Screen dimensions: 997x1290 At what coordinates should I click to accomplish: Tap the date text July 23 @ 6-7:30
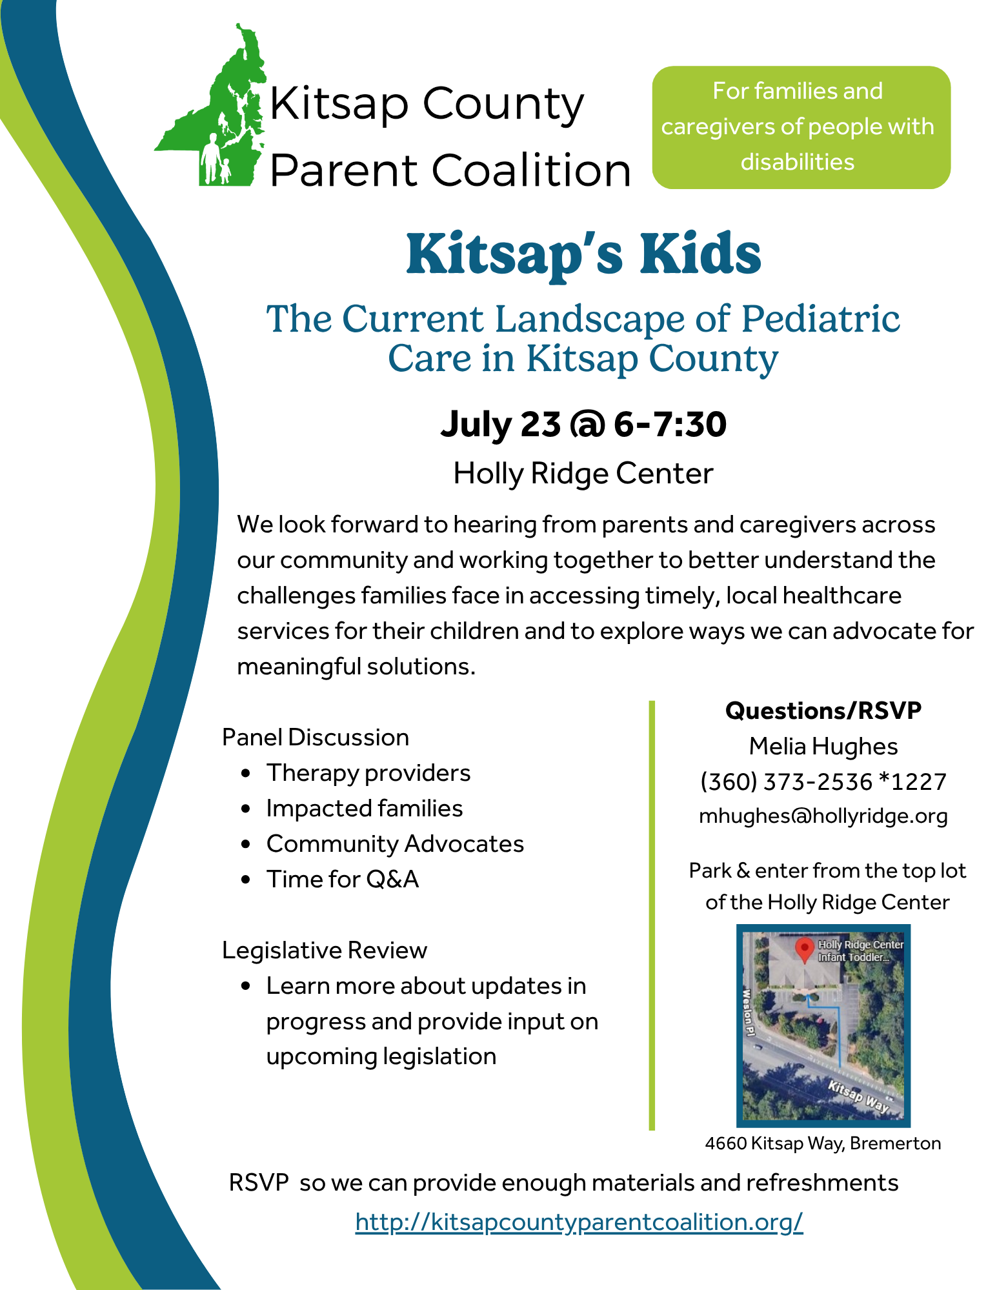coord(583,425)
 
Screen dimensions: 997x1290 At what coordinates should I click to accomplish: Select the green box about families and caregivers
coord(801,127)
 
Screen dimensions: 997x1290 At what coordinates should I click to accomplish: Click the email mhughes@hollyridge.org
coord(823,816)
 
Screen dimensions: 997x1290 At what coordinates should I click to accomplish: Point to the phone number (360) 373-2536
coord(787,781)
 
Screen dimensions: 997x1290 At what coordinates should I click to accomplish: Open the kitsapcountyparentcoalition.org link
coord(579,1222)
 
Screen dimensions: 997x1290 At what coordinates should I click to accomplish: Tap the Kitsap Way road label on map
coord(859,1096)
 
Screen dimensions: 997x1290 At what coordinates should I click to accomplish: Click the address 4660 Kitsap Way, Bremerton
coord(823,1144)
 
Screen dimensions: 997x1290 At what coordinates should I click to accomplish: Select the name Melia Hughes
coord(823,747)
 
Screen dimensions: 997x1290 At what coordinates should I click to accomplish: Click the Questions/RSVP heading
coord(823,711)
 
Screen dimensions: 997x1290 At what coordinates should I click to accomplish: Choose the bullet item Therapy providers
coord(368,773)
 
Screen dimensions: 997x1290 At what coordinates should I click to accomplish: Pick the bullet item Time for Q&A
coord(343,880)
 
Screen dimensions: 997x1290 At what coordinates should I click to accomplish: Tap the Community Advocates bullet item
coord(395,844)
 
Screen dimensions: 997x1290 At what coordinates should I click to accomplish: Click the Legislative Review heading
coord(325,951)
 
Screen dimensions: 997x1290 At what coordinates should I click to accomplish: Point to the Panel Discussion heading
coord(316,738)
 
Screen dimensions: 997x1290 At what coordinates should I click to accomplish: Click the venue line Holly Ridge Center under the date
coord(583,474)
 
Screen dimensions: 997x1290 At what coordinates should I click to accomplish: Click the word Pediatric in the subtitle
coord(820,319)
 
